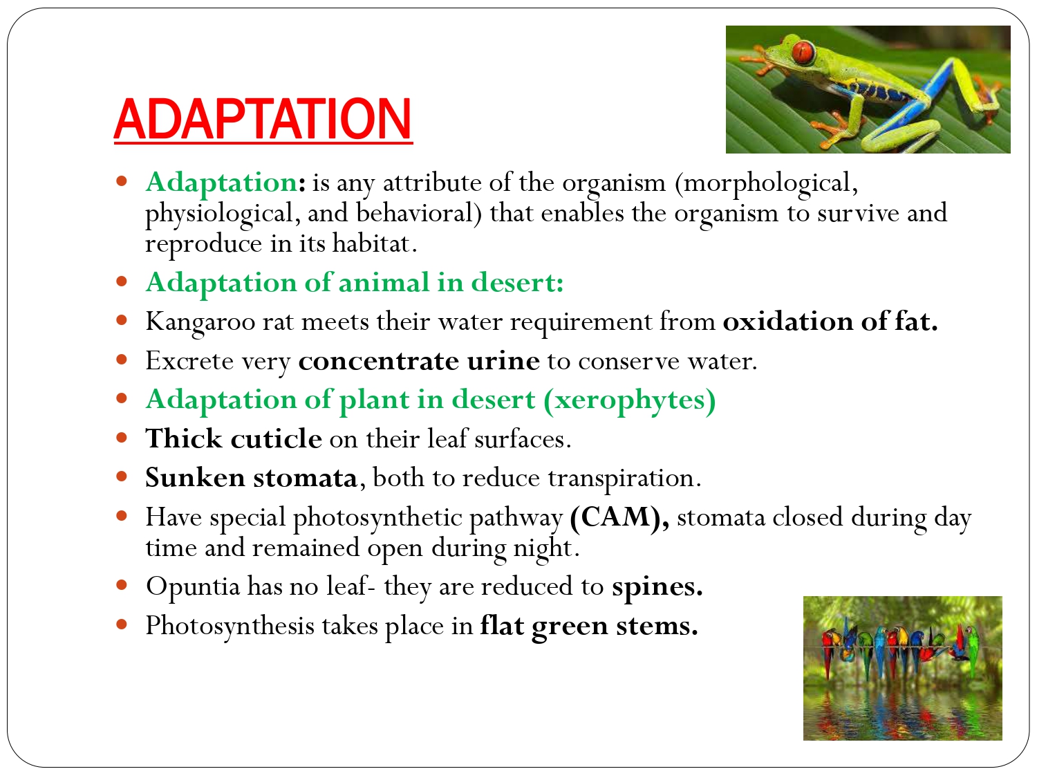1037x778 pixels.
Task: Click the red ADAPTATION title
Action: click(x=263, y=119)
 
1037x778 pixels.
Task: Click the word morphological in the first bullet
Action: click(x=767, y=183)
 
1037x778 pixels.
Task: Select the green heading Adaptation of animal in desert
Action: click(x=355, y=283)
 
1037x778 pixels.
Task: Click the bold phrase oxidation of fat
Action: click(x=830, y=322)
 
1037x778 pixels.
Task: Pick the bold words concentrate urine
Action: click(x=419, y=361)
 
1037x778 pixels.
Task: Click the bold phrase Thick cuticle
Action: click(x=234, y=439)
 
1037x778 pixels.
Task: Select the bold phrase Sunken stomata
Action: click(x=251, y=479)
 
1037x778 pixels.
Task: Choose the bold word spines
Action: click(x=657, y=587)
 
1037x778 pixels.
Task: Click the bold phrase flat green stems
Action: click(x=589, y=627)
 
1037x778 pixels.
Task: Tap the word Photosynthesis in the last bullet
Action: click(x=232, y=627)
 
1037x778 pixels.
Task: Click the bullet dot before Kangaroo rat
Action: click(x=122, y=321)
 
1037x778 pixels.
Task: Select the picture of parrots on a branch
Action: click(x=902, y=668)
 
